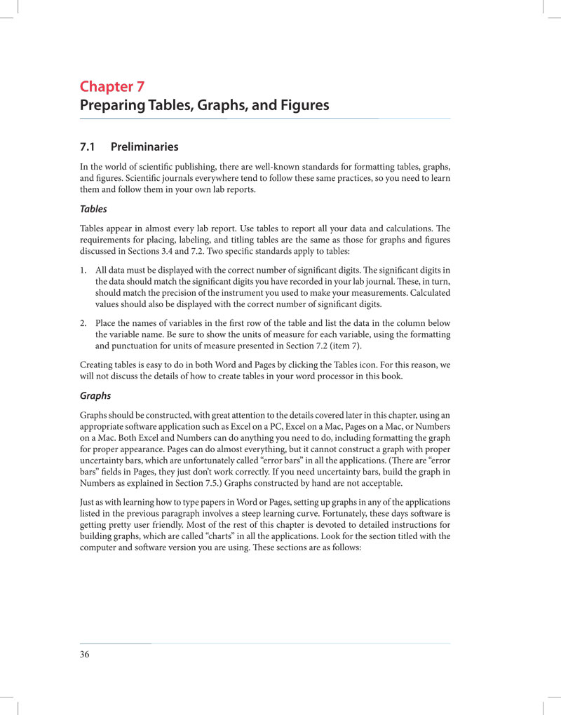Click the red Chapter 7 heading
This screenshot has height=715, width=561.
tap(112, 87)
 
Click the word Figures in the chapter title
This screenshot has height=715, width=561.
tap(302, 107)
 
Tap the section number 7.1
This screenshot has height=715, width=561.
tap(88, 147)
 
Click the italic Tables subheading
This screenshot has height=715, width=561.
tap(93, 210)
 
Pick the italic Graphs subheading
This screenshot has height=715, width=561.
tap(95, 395)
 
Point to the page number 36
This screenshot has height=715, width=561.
tap(84, 655)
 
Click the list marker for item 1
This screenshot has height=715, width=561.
tap(83, 270)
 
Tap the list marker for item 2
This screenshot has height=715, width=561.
tap(83, 323)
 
